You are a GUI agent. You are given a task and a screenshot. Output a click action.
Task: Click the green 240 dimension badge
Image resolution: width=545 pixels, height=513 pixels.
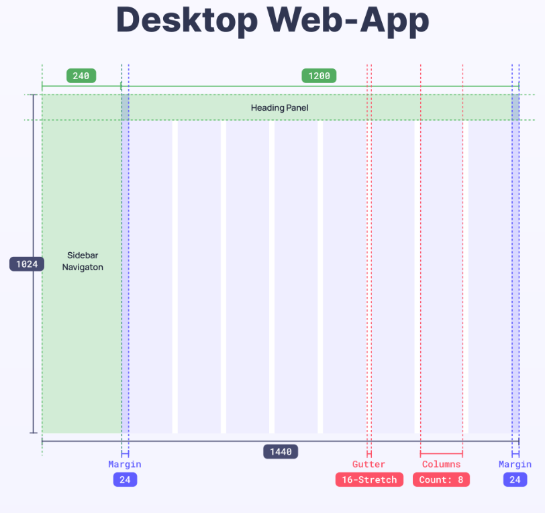click(81, 76)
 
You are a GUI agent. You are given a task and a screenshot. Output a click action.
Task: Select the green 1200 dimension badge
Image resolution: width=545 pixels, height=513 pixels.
click(319, 76)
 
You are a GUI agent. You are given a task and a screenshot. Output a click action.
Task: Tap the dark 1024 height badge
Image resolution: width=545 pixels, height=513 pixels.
click(27, 264)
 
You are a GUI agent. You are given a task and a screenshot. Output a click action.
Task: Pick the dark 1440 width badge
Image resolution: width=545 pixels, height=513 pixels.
click(281, 451)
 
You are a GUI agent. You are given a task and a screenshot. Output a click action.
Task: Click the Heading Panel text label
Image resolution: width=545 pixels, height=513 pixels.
click(279, 108)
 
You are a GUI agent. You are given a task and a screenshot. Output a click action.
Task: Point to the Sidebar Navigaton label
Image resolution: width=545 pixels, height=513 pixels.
click(83, 261)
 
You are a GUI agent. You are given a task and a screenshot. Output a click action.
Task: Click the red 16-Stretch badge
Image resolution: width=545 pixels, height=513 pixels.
click(369, 479)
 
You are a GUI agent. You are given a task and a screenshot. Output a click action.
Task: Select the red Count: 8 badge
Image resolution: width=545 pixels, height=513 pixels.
click(441, 479)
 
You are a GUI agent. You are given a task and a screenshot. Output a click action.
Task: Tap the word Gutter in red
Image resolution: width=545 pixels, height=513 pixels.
click(368, 464)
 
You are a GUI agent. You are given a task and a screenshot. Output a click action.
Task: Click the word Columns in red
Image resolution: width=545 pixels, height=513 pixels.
click(442, 464)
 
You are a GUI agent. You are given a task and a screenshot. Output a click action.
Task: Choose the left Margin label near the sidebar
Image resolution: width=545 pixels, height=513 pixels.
click(125, 464)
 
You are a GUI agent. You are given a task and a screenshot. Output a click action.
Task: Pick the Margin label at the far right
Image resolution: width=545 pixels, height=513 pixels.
click(515, 464)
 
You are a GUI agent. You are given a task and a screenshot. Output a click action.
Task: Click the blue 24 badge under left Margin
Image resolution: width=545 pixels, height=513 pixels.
click(125, 479)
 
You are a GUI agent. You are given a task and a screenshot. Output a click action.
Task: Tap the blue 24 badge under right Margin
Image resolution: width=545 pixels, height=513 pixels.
click(515, 479)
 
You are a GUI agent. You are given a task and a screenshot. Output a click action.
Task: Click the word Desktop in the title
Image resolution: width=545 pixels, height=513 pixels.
click(187, 21)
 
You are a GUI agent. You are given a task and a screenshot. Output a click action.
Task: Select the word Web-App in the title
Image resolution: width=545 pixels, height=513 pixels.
click(348, 21)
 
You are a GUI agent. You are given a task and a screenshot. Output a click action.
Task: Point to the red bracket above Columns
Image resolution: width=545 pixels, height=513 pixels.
click(442, 453)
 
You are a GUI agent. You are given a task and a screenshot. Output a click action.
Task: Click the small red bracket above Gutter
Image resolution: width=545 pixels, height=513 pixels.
click(369, 454)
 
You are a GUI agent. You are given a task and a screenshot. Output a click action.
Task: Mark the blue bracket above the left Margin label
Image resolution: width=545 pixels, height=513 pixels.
click(125, 454)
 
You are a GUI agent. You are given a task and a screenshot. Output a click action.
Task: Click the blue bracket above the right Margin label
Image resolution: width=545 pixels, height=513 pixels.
click(515, 454)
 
